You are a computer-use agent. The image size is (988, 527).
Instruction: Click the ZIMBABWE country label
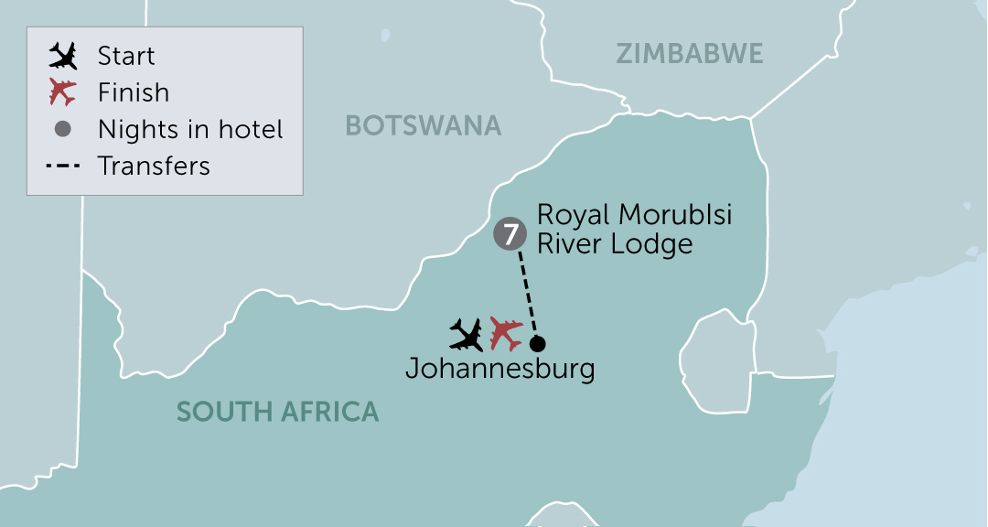click(x=689, y=54)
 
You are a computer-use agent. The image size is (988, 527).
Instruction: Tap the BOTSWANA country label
click(x=423, y=125)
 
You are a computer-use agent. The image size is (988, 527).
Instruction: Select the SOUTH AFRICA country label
click(x=277, y=412)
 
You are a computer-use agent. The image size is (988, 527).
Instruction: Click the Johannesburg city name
click(x=499, y=370)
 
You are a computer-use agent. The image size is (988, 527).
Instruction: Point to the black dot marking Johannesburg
click(x=537, y=344)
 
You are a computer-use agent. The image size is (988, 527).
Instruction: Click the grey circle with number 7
click(x=509, y=235)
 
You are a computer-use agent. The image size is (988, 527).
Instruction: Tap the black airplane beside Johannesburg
click(x=467, y=334)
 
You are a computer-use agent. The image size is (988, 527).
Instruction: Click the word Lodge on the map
click(x=655, y=244)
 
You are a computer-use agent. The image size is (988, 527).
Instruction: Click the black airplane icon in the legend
click(x=63, y=57)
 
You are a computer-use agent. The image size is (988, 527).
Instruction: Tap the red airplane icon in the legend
click(x=63, y=92)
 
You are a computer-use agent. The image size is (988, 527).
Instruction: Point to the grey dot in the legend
click(x=63, y=129)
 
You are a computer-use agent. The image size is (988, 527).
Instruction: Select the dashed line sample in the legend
click(x=63, y=166)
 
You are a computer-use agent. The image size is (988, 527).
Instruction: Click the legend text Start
click(x=126, y=57)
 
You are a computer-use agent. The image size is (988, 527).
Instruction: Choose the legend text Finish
click(x=134, y=92)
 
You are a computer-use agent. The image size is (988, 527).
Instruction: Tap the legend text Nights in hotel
click(x=190, y=129)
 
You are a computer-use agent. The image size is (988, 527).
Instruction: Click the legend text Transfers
click(x=154, y=166)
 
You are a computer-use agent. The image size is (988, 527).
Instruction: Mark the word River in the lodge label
click(x=569, y=244)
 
